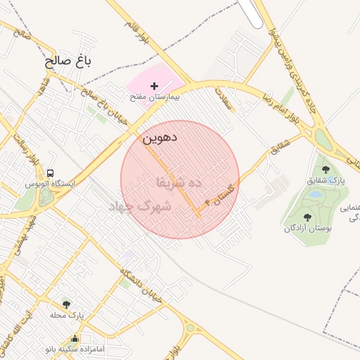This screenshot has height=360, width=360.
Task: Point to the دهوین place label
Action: click(160, 139)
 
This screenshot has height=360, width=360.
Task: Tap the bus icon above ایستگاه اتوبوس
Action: click(50, 173)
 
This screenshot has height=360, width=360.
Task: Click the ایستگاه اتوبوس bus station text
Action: click(50, 184)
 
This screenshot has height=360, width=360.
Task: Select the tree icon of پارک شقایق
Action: click(326, 169)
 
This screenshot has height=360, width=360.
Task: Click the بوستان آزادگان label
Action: click(309, 228)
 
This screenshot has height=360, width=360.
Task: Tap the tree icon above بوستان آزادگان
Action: click(307, 217)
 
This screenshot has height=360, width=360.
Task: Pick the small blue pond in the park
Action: click(316, 193)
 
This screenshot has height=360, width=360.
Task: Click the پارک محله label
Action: click(67, 315)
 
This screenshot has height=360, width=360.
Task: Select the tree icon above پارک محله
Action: click(67, 304)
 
